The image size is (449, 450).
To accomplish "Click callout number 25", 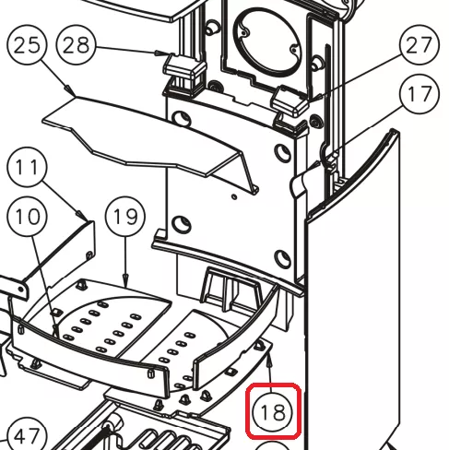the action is pos(27,44).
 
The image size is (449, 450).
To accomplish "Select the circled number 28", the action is pos(77,45).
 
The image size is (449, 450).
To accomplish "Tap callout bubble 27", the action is pos(419,45).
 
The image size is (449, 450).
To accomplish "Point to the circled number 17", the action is pos(419,94).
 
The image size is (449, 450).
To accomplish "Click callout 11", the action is pos(27,167).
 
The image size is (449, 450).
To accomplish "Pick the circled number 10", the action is pos(27,217).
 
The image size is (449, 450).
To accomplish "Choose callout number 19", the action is pos(125,217).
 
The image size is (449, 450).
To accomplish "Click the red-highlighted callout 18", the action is pos(273,411).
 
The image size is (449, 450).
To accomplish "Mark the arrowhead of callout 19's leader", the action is pos(125,281).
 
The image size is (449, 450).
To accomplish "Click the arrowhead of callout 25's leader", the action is pos(71,91).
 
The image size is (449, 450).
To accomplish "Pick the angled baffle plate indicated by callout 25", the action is pos(150,141).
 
